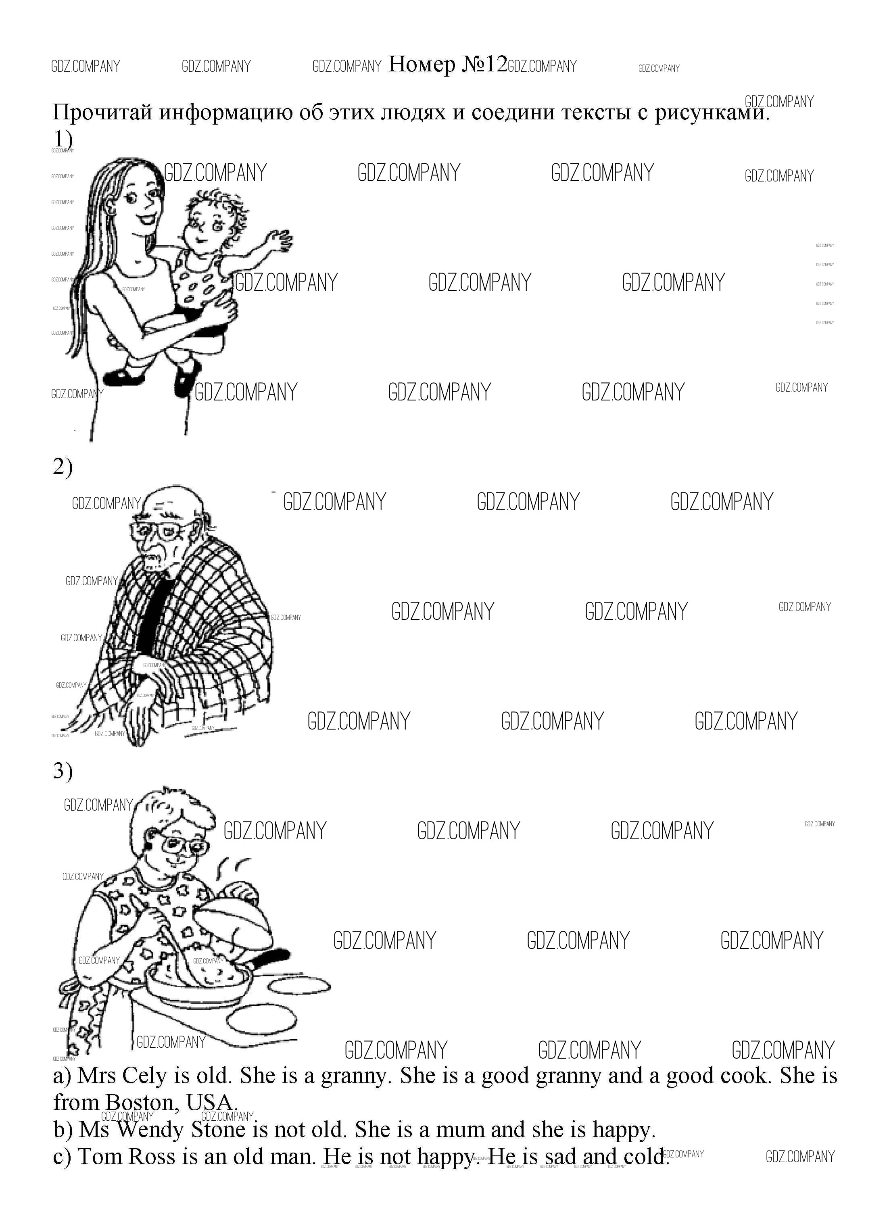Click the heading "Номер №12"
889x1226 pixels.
coord(448,65)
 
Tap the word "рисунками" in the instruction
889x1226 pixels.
coord(709,113)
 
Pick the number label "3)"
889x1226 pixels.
coord(63,771)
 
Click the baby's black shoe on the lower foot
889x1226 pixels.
coord(187,378)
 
